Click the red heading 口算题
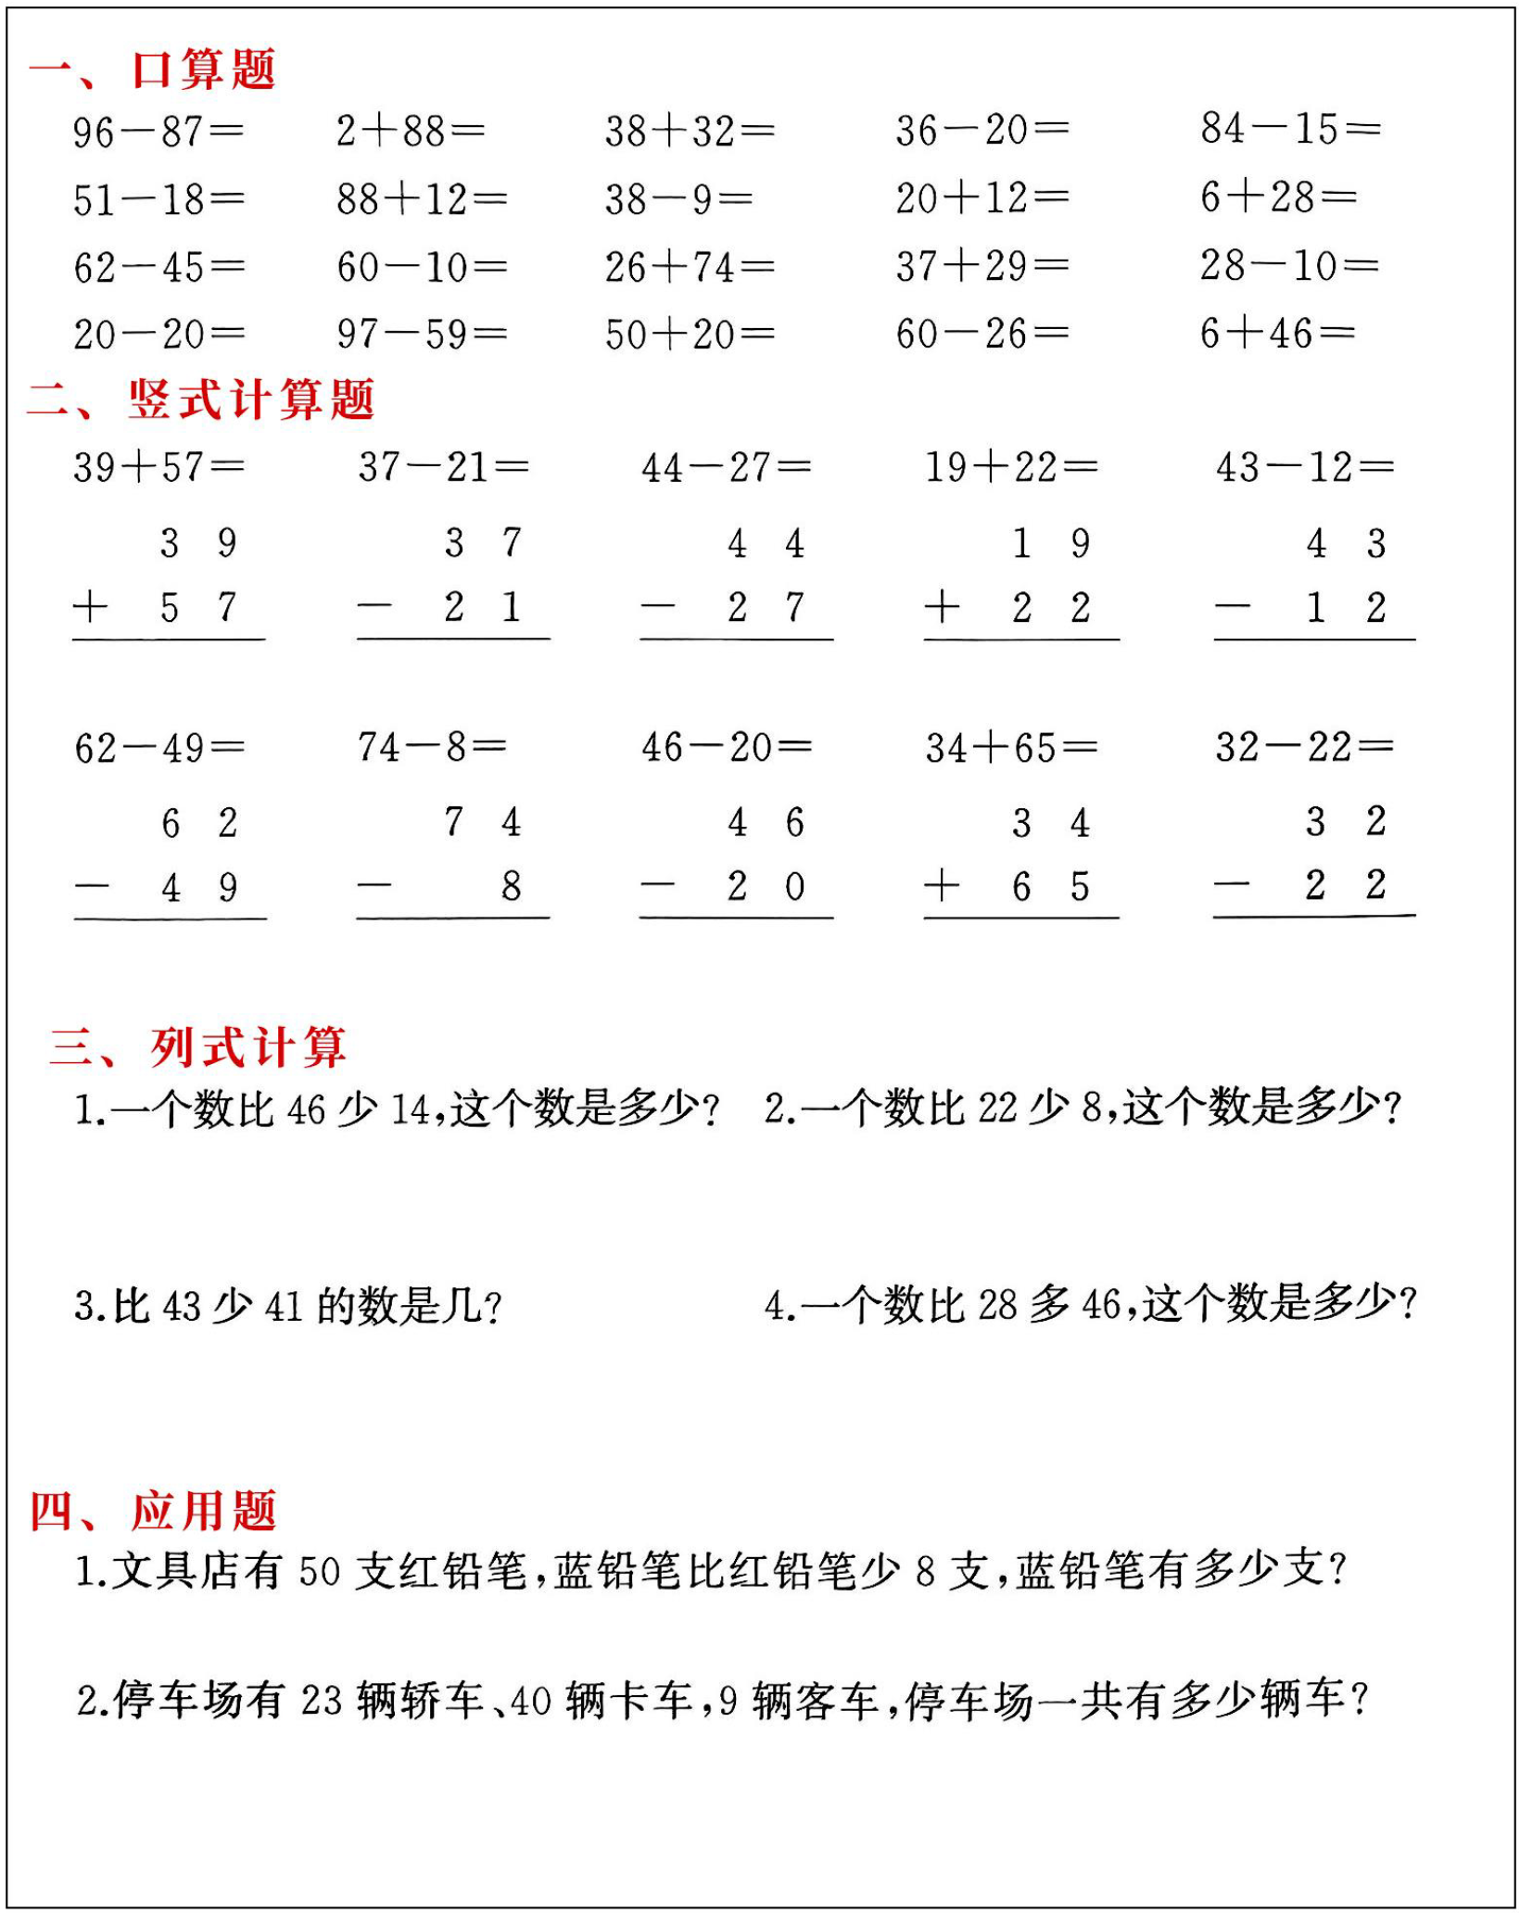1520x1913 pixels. (x=203, y=70)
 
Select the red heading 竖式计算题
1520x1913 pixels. (x=251, y=399)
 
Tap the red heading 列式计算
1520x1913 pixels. (x=248, y=1047)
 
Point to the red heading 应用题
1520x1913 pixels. (x=203, y=1511)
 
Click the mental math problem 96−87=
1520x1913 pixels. (x=158, y=132)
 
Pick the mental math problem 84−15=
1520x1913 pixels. (x=1289, y=129)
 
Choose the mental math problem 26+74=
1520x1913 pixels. (x=690, y=267)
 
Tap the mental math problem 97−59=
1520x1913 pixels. (x=422, y=334)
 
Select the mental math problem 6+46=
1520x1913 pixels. (x=1277, y=333)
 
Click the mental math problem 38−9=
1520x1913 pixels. (x=678, y=199)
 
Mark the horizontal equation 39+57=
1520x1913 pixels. (x=158, y=467)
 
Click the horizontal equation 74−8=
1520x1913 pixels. (x=432, y=746)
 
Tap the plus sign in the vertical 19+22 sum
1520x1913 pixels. (x=942, y=607)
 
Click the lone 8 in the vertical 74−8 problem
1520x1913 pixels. (x=511, y=887)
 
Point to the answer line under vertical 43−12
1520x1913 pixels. (x=1314, y=639)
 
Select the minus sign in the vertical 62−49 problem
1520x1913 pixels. (x=92, y=887)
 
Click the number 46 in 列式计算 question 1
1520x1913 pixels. (x=307, y=1109)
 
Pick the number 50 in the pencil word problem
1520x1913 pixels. (x=320, y=1571)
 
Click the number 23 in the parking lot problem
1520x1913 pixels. (x=322, y=1700)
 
